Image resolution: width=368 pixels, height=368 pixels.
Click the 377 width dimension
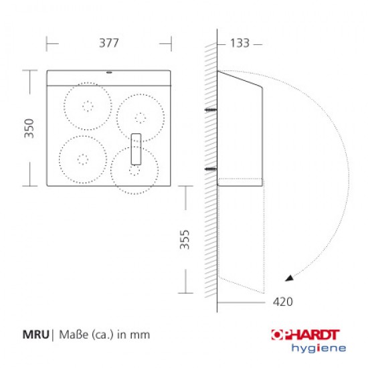tap(109, 43)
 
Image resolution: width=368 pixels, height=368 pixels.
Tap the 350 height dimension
tap(29, 128)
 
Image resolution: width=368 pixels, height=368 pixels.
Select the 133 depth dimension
tap(240, 43)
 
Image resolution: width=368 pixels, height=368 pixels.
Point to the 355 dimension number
tap(185, 240)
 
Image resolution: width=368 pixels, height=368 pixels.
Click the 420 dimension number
tap(283, 302)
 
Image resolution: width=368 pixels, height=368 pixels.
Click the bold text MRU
tap(35, 335)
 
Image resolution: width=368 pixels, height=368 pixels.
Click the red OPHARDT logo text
tap(305, 335)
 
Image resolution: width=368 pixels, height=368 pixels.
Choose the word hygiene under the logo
tap(318, 349)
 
